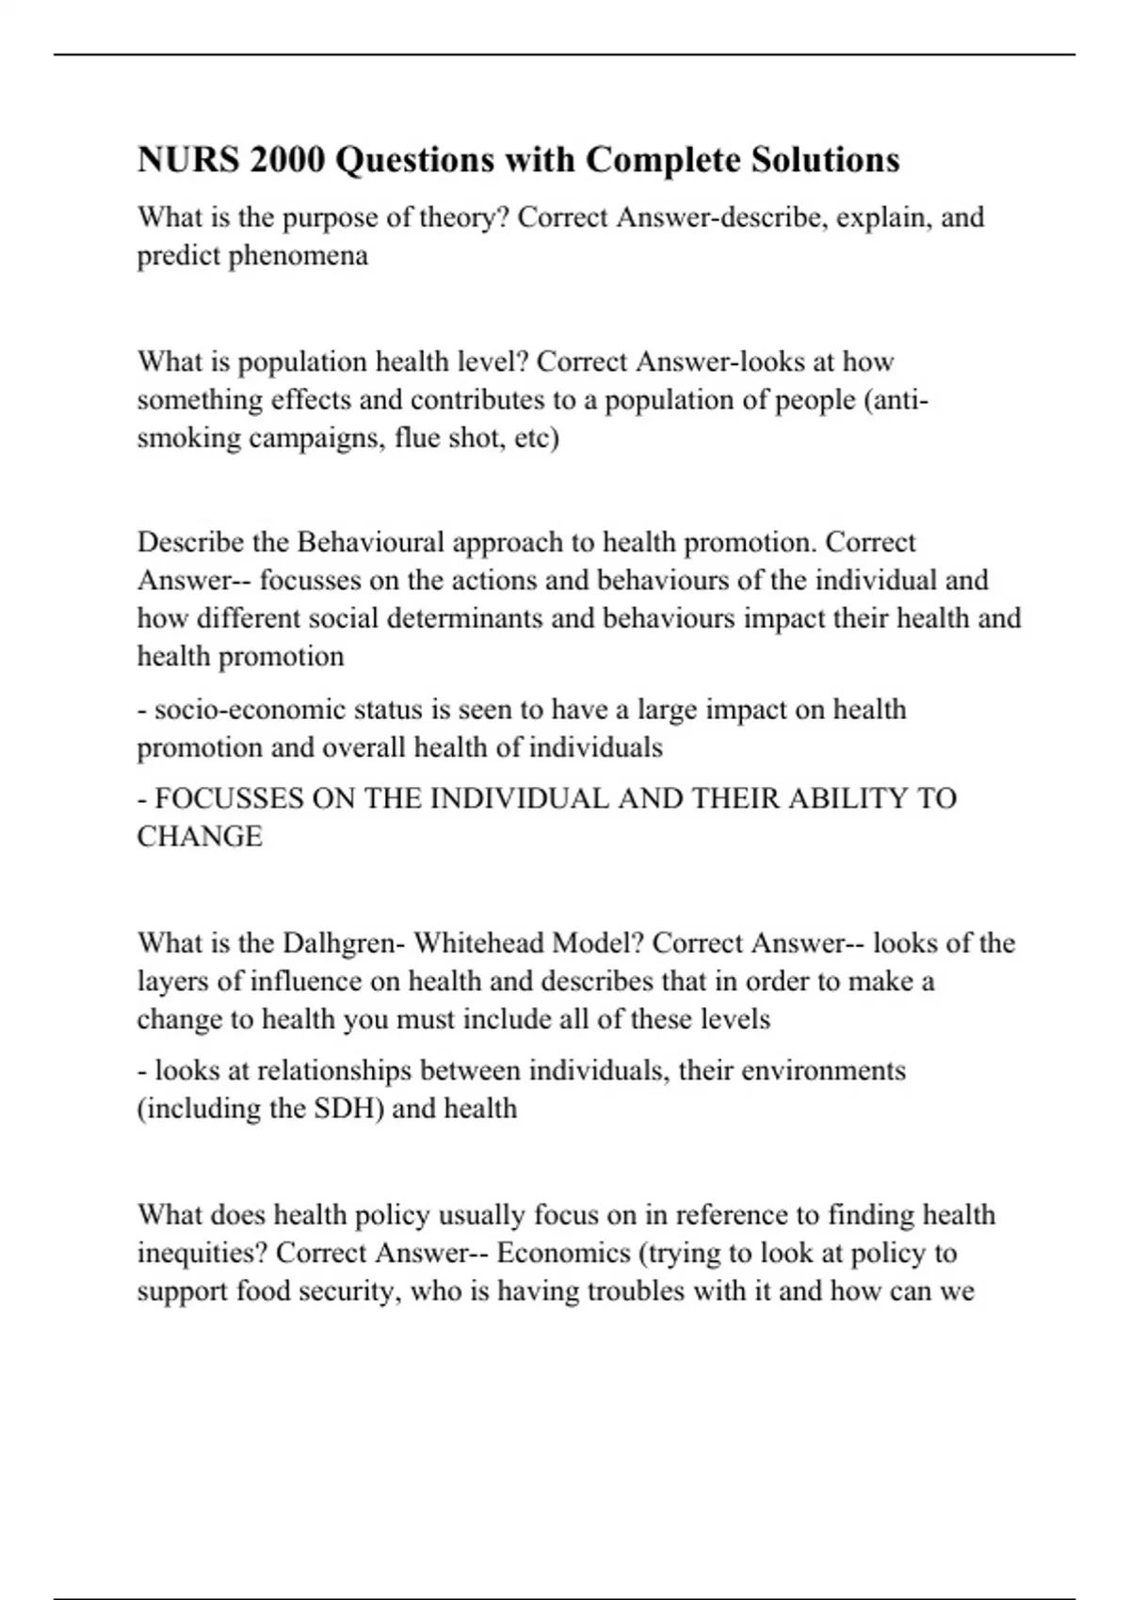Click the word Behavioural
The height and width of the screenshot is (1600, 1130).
(x=370, y=542)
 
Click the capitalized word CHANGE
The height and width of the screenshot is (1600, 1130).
(x=200, y=836)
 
